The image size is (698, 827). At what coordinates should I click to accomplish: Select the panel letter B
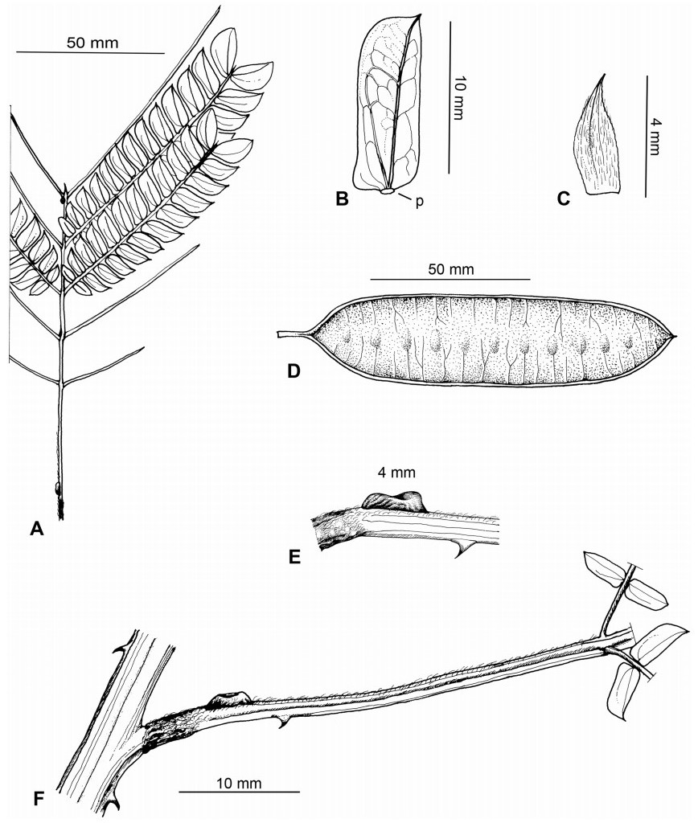click(342, 200)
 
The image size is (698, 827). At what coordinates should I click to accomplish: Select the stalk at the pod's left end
click(291, 334)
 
